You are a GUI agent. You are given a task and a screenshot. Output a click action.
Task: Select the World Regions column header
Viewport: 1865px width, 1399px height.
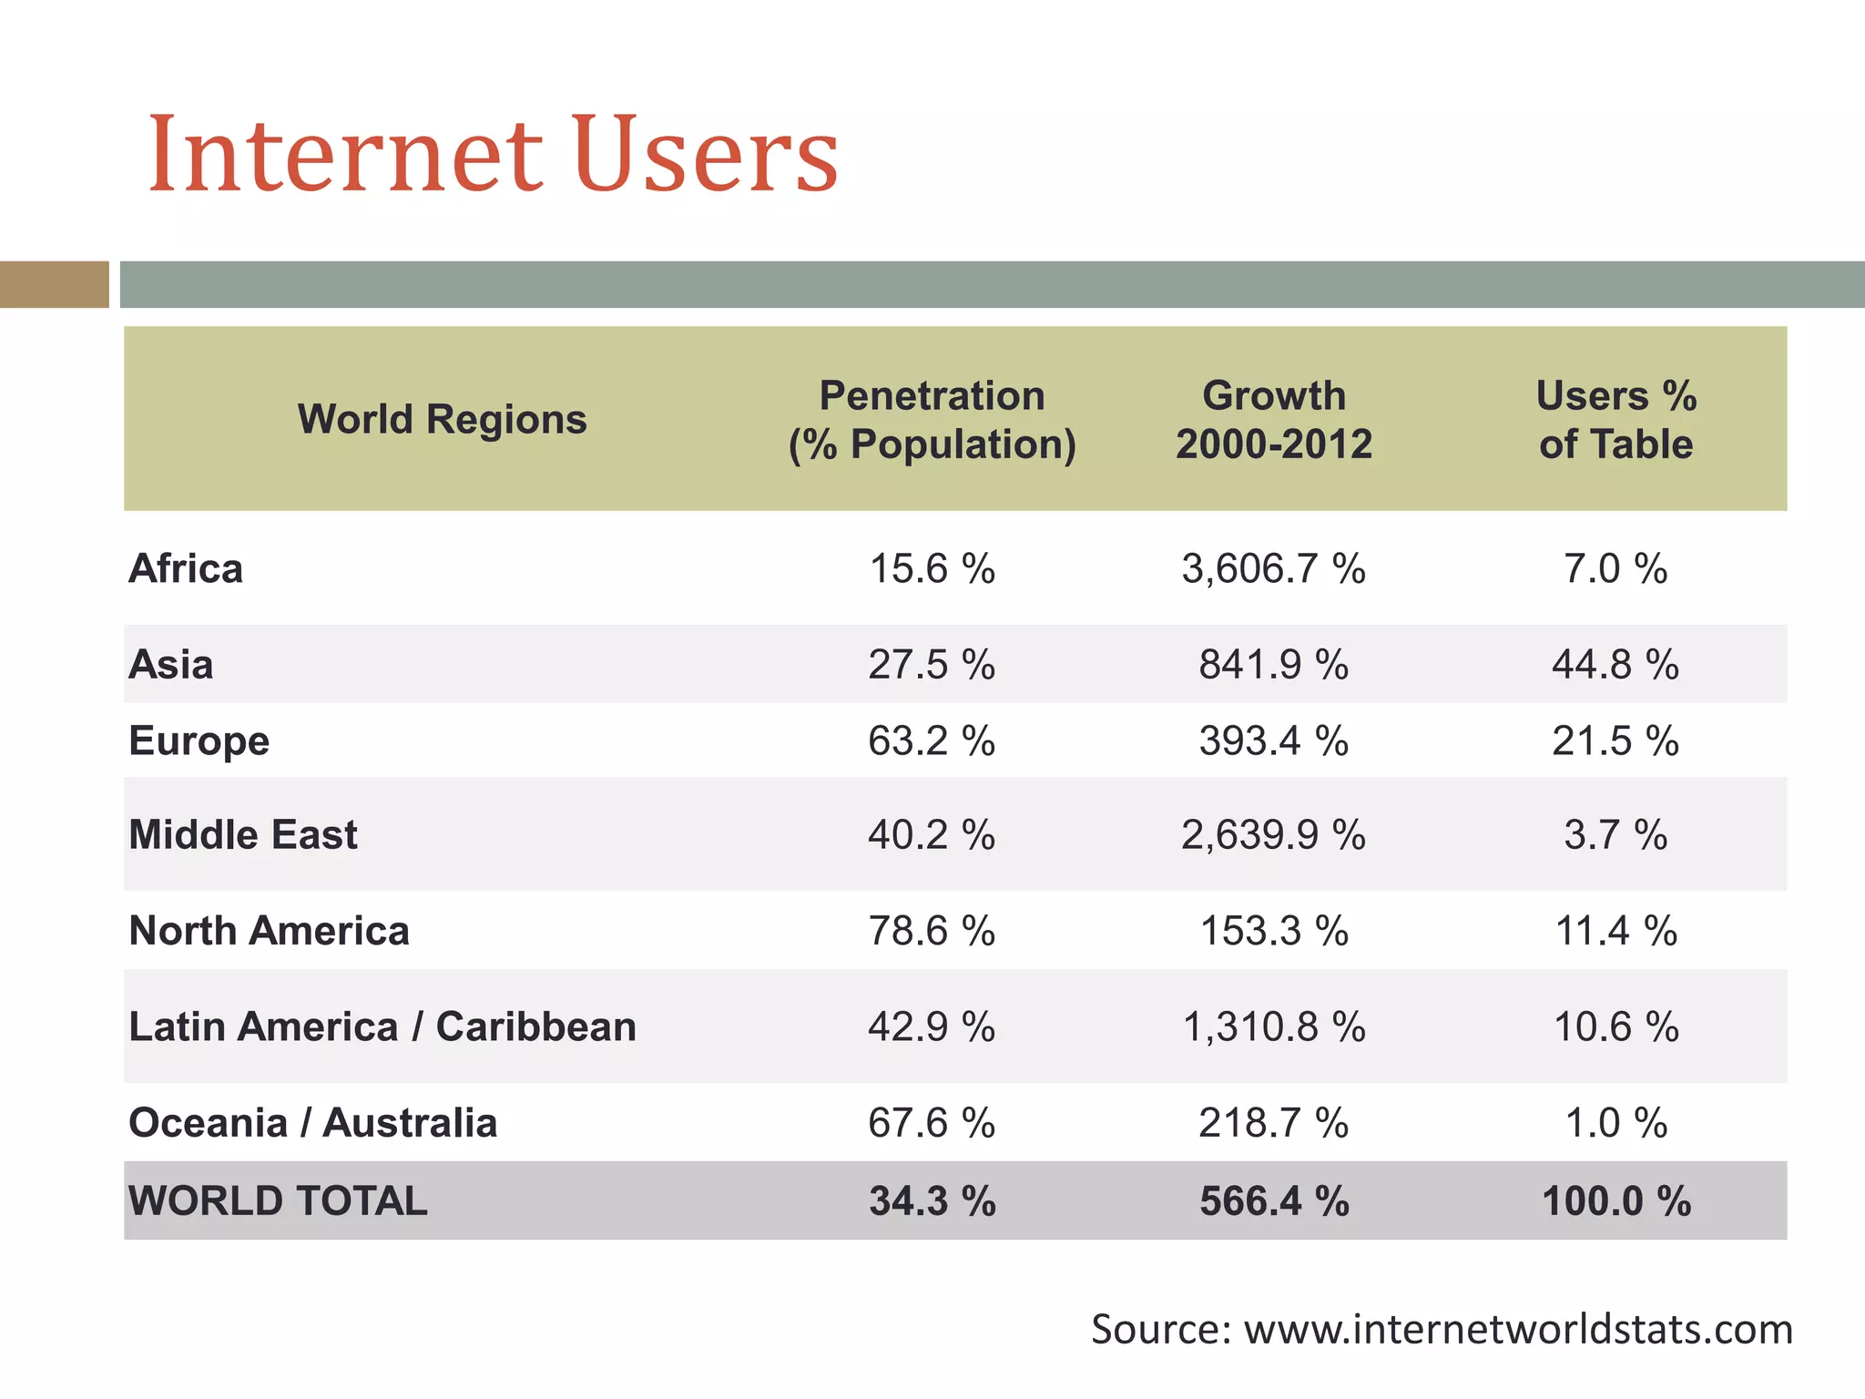click(442, 419)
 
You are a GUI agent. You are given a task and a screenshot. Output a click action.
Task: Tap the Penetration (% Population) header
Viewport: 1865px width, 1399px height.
click(932, 420)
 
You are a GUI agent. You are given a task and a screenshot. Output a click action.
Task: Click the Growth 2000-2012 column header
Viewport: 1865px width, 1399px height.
click(1273, 420)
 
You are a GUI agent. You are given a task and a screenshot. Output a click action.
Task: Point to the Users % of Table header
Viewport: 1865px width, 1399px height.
click(1615, 420)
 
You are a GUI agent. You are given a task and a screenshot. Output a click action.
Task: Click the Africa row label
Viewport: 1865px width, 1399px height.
click(186, 568)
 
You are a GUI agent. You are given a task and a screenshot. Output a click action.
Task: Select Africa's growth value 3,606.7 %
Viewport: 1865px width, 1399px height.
click(1273, 568)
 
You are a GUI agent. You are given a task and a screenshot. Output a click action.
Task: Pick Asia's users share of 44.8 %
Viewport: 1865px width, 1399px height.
click(1615, 664)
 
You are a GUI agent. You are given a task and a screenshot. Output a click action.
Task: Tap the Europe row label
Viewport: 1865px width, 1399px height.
click(199, 740)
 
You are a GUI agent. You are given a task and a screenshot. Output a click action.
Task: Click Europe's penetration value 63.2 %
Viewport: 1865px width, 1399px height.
click(932, 740)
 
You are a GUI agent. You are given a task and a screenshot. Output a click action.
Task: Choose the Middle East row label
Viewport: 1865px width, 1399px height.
click(243, 834)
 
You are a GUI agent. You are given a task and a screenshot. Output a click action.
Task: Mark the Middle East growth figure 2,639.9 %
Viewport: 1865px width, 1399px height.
click(1273, 834)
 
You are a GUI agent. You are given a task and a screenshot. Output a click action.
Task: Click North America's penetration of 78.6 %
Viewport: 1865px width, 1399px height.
click(932, 931)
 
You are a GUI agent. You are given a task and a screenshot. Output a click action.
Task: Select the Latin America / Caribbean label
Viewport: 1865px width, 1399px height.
click(382, 1026)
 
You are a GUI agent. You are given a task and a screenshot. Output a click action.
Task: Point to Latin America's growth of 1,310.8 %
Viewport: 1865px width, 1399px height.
click(1273, 1026)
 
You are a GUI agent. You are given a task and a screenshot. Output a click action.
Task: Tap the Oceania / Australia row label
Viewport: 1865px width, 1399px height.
click(313, 1122)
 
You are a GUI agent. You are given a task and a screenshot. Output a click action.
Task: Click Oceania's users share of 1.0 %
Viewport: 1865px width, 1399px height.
click(1615, 1122)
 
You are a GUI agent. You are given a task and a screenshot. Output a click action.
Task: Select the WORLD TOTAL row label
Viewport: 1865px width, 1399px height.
click(278, 1200)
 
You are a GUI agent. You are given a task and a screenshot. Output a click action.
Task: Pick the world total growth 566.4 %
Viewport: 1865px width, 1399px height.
click(1273, 1200)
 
